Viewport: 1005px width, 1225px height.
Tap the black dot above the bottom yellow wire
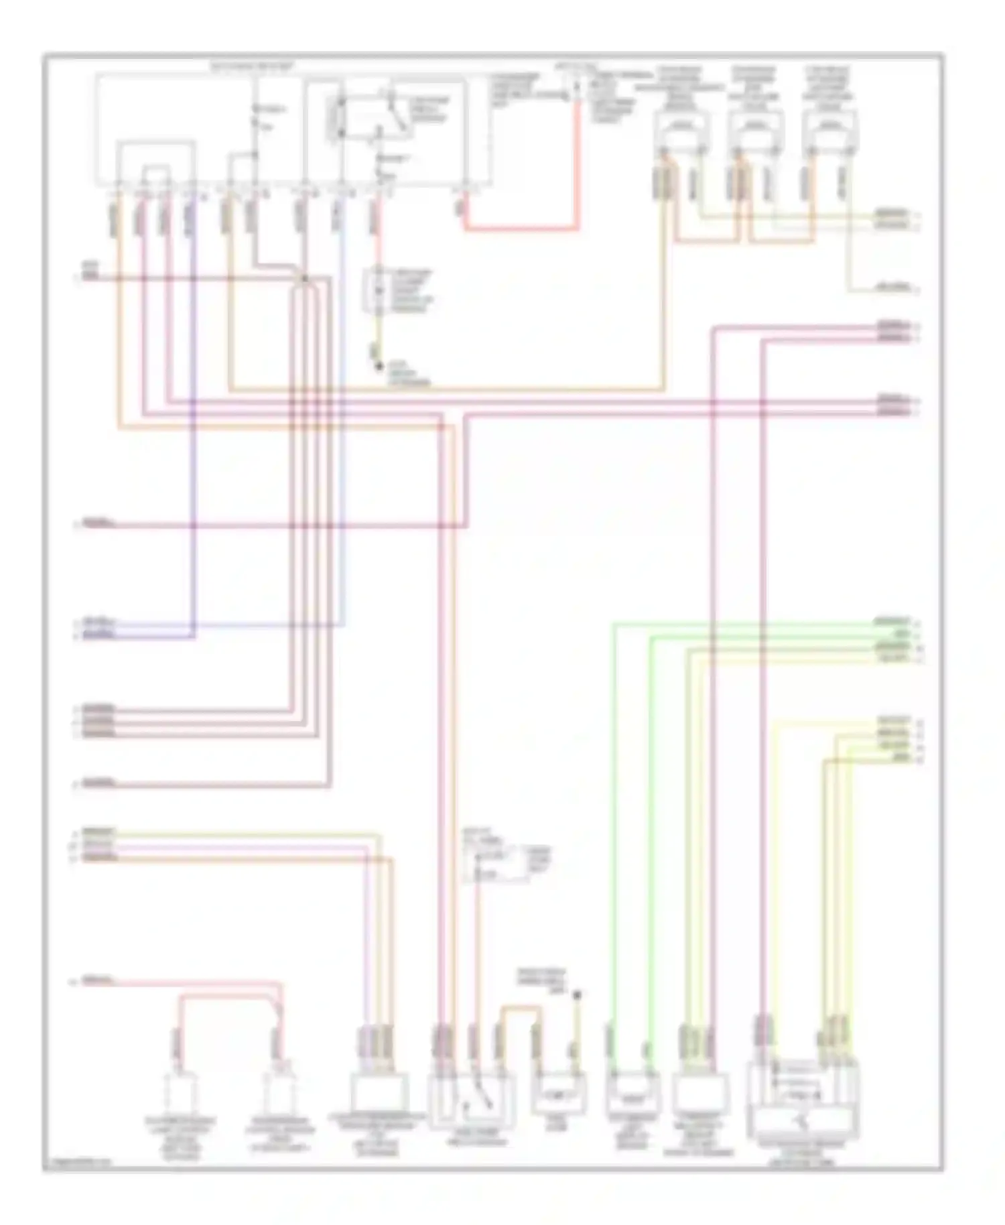577,996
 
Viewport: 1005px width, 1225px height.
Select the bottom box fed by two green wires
632,1092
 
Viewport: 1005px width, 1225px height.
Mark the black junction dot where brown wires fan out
304,279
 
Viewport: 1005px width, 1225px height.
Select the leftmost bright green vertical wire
612,804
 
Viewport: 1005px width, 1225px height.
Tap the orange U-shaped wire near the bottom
520,1009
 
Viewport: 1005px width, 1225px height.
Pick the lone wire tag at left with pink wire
97,982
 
